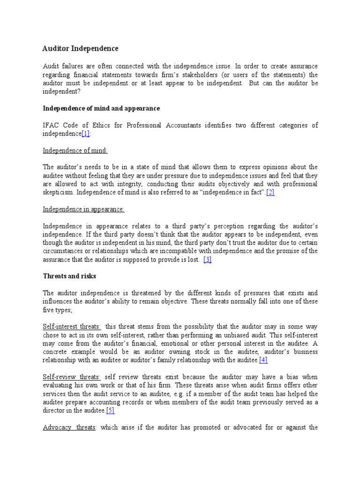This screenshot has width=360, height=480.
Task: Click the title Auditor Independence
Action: (x=81, y=49)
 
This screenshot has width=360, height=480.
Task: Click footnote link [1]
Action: (x=86, y=134)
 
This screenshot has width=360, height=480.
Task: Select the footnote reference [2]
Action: (x=270, y=193)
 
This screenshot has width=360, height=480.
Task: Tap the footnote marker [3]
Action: (x=208, y=260)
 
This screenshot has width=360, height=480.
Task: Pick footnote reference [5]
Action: (x=110, y=411)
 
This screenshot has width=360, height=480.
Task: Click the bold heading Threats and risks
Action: (x=69, y=277)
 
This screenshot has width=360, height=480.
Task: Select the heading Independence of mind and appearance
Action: (x=101, y=108)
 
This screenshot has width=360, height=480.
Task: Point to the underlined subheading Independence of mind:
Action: (x=75, y=150)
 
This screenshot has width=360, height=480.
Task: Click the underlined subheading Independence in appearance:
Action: (x=84, y=210)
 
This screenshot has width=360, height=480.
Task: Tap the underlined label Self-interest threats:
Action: (x=72, y=326)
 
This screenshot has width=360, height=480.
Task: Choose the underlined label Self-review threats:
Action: (x=72, y=377)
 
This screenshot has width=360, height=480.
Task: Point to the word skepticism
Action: (x=58, y=193)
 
